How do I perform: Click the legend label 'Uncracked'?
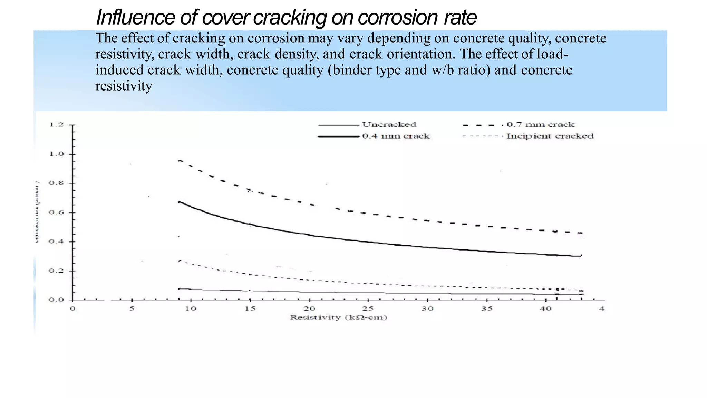click(x=389, y=124)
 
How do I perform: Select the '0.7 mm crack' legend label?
click(x=540, y=124)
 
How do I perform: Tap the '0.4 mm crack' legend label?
click(x=396, y=136)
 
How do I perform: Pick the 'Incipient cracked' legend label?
click(x=550, y=136)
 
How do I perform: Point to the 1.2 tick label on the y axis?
click(x=56, y=124)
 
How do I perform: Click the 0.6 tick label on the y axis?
click(x=56, y=212)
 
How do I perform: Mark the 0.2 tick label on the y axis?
click(x=56, y=271)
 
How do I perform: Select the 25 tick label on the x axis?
click(x=368, y=309)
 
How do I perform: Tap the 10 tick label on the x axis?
click(x=191, y=309)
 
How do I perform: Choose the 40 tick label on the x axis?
click(x=545, y=309)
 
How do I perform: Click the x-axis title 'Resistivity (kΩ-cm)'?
click(x=338, y=318)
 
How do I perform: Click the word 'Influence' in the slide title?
click(x=135, y=17)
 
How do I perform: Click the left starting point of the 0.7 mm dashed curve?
click(x=179, y=160)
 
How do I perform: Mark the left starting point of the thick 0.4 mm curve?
click(x=179, y=202)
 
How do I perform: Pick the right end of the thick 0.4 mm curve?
click(x=581, y=256)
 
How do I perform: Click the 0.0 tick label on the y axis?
click(x=56, y=300)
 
